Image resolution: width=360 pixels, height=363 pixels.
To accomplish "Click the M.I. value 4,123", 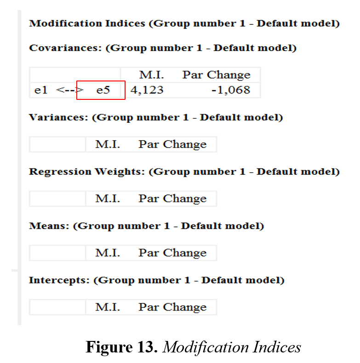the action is (x=147, y=90).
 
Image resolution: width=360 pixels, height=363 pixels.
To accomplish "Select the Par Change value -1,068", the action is (x=231, y=90).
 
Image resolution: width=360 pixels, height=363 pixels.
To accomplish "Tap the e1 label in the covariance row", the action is (x=41, y=90).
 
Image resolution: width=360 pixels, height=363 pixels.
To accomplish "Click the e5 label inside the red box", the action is (x=103, y=90).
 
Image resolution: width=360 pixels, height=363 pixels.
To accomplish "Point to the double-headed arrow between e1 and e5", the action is (x=69, y=90).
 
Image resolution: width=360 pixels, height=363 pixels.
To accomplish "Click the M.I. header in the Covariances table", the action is (x=152, y=75).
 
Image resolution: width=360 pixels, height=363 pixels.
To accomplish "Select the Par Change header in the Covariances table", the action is (x=217, y=75).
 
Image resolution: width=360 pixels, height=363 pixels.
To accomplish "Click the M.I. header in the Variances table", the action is (x=108, y=144).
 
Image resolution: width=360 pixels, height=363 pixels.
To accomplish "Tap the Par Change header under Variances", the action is (x=172, y=144).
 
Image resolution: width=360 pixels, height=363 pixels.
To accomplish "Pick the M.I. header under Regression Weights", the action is (x=108, y=198).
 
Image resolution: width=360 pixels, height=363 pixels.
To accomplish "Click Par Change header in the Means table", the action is (x=172, y=253).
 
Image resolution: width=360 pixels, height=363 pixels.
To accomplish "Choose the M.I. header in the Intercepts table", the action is (x=108, y=307).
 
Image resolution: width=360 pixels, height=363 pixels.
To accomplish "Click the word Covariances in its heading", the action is (x=65, y=48).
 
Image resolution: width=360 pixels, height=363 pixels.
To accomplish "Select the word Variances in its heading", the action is (x=58, y=117).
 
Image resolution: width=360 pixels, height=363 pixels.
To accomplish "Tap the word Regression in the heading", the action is (x=60, y=172).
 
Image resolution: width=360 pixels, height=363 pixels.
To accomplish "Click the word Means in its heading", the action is (x=49, y=226).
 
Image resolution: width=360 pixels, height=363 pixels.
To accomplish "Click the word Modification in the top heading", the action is (x=65, y=23).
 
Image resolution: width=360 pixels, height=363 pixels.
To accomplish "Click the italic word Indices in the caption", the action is (x=277, y=347).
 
